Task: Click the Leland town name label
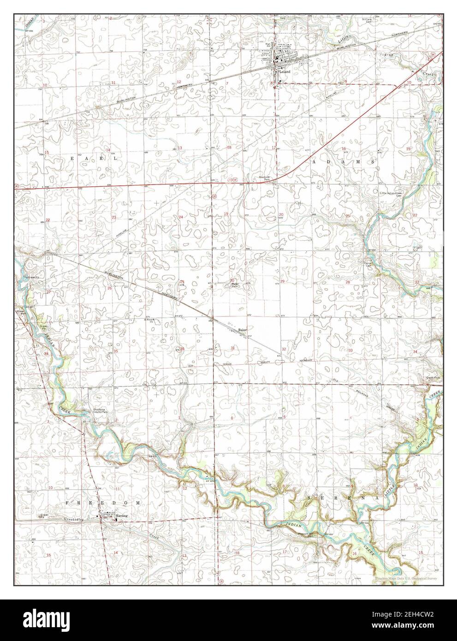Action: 285,72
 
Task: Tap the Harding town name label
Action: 122,516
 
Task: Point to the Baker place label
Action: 243,330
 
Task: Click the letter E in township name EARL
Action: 72,158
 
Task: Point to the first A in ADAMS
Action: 315,163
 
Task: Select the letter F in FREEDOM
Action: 68,502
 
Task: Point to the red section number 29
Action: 282,281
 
